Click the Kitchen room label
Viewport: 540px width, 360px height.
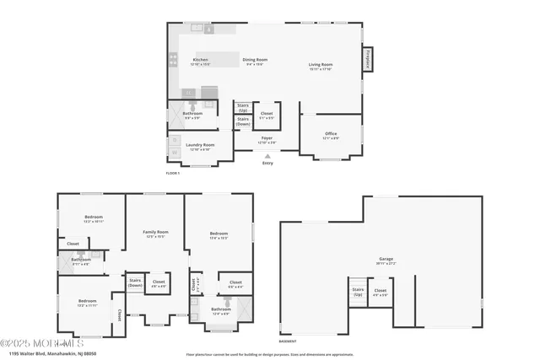point(200,61)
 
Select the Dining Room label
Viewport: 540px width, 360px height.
point(255,61)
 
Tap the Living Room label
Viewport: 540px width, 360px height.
point(320,66)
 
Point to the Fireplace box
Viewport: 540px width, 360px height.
point(368,61)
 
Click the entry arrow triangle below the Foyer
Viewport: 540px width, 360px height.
point(267,156)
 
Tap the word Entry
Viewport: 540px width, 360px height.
point(267,164)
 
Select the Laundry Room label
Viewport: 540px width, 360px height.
point(200,146)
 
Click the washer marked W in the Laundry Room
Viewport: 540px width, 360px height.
point(175,141)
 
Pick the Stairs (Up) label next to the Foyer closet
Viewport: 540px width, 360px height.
point(242,107)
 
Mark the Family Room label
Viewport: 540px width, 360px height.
point(154,233)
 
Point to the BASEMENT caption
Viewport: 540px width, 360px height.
point(288,341)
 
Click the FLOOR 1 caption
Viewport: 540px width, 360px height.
point(174,173)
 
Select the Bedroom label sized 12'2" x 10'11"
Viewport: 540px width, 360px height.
point(93,218)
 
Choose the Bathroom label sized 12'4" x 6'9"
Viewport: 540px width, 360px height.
point(221,310)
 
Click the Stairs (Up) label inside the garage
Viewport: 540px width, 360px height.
point(358,293)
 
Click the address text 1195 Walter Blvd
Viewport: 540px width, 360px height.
point(46,353)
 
